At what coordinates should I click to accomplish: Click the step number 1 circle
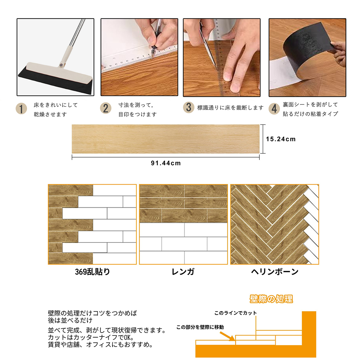pyautogui.click(x=21, y=109)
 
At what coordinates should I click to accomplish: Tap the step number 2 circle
pyautogui.click(x=105, y=108)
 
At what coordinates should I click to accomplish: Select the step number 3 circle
pyautogui.click(x=189, y=107)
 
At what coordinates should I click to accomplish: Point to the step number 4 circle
pyautogui.click(x=274, y=108)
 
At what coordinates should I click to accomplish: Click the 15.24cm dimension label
pyautogui.click(x=281, y=139)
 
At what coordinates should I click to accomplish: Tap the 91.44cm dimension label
pyautogui.click(x=166, y=163)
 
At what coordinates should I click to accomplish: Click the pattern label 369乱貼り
pyautogui.click(x=92, y=272)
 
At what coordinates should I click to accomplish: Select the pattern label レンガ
pyautogui.click(x=183, y=272)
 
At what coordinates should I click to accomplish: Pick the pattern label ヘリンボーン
pyautogui.click(x=275, y=272)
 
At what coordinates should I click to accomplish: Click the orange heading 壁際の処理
pyautogui.click(x=271, y=299)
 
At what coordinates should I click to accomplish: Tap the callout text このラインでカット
pyautogui.click(x=236, y=313)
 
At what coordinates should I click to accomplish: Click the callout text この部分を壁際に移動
pyautogui.click(x=200, y=327)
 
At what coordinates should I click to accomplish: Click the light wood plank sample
pyautogui.click(x=166, y=139)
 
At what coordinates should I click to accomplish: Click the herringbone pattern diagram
pyautogui.click(x=275, y=224)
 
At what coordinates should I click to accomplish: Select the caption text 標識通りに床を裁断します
pyautogui.click(x=230, y=108)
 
